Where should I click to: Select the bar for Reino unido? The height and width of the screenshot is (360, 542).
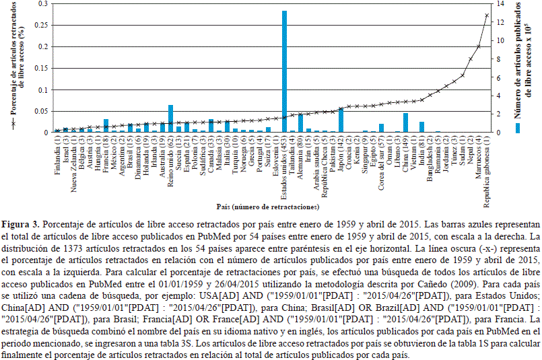click(170, 118)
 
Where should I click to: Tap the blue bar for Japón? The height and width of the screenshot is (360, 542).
click(341, 120)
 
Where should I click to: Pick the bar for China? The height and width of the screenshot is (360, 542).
click(405, 122)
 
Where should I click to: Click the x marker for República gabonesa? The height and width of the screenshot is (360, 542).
click(486, 15)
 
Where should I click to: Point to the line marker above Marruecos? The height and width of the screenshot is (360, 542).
click(478, 46)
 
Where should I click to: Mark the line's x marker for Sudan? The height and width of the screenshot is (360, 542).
click(462, 75)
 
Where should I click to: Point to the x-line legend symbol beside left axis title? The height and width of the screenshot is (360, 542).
click(11, 125)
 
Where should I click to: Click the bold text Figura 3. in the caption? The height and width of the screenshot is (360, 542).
click(20, 223)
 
